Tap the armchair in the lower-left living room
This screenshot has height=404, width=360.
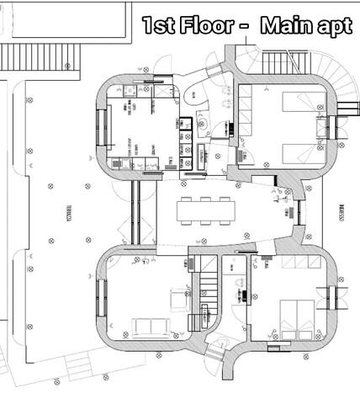tap(180, 295)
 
